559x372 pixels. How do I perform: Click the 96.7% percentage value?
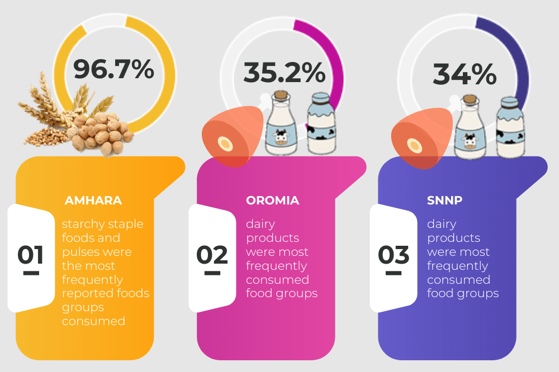pos(113,69)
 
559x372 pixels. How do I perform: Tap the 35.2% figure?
pos(284,73)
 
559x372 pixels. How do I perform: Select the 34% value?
pos(464,74)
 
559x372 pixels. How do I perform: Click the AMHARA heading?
pos(93,200)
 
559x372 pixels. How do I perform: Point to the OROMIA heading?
pos(273,200)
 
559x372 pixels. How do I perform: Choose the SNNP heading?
pos(444,200)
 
